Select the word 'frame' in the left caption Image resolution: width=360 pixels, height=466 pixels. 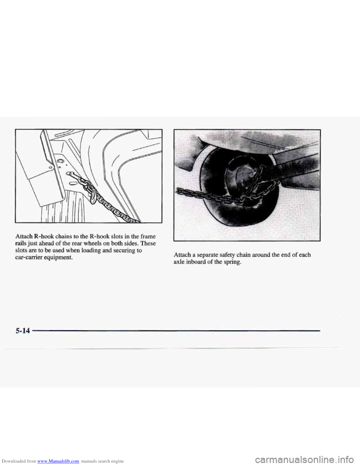click(x=148, y=236)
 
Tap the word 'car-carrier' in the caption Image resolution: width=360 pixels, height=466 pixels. click(x=30, y=257)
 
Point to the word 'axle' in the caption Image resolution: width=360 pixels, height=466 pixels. click(x=179, y=262)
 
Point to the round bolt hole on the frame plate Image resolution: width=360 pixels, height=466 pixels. click(x=60, y=161)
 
